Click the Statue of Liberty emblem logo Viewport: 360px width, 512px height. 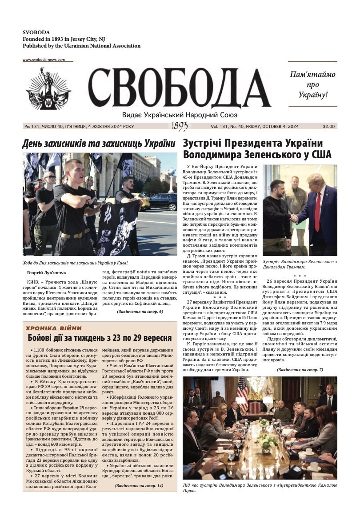[x=48, y=89]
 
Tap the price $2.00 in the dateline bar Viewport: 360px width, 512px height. [x=329, y=126]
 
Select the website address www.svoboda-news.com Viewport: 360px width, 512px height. [x=44, y=60]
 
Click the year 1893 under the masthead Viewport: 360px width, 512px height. [x=180, y=127]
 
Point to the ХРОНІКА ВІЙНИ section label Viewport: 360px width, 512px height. [x=53, y=328]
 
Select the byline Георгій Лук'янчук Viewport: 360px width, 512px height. [x=46, y=272]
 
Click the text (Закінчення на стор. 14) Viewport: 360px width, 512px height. [x=139, y=486]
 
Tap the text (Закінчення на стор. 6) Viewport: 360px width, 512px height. [x=140, y=312]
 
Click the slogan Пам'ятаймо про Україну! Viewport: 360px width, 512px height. [x=312, y=84]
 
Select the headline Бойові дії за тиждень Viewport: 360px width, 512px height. [x=100, y=338]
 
